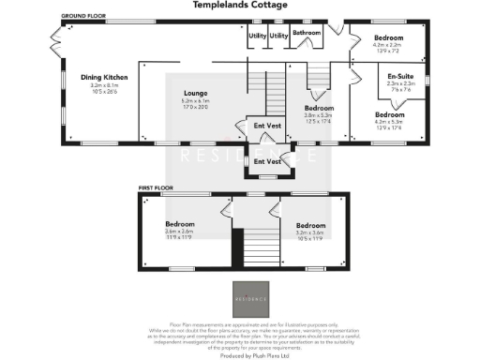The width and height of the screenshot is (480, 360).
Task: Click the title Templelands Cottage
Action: point(239,5)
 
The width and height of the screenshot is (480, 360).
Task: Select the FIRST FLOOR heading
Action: point(156,188)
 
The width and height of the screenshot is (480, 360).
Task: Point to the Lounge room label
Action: point(194,93)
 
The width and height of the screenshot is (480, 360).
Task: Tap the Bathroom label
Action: point(306,33)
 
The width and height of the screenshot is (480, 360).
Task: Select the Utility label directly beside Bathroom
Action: point(278,35)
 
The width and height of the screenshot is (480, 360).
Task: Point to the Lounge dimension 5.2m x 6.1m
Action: point(194,100)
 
